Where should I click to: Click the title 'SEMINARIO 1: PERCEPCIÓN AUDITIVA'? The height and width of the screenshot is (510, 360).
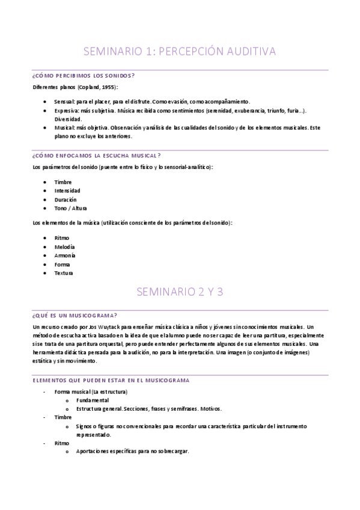coord(180,52)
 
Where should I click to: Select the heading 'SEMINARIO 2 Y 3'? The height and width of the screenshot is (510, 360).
coord(180,292)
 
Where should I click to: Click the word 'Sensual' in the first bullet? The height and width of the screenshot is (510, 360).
coord(64,101)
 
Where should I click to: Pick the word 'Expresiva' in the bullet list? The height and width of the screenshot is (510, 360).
coord(66,111)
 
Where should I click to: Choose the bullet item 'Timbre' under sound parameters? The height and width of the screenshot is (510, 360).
coord(63,182)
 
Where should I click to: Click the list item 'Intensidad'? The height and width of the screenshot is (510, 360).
coord(67,191)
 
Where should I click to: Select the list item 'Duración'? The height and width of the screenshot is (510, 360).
coord(66,199)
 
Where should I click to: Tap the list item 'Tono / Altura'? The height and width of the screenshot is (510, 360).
coord(70,208)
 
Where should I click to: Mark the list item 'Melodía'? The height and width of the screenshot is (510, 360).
coord(65,247)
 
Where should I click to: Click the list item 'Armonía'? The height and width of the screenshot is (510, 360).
coord(65,256)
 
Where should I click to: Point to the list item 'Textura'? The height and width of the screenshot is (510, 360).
coord(64,273)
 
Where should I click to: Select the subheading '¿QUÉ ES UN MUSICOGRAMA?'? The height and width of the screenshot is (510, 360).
coord(75,316)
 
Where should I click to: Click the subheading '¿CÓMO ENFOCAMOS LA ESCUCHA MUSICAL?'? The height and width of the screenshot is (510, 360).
coord(96,155)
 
